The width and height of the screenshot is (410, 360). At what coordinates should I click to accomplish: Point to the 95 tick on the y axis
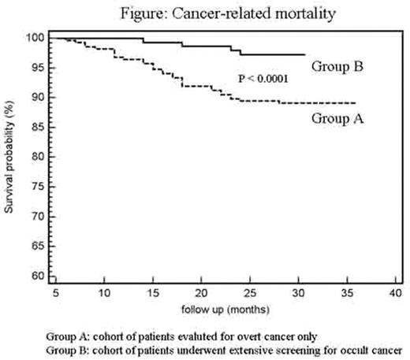tap(36, 68)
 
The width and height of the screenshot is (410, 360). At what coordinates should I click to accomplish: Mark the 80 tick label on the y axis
tap(36, 157)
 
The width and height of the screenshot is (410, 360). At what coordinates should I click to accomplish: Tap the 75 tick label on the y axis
tap(36, 187)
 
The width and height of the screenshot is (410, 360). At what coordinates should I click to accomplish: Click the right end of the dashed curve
tap(356, 103)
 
